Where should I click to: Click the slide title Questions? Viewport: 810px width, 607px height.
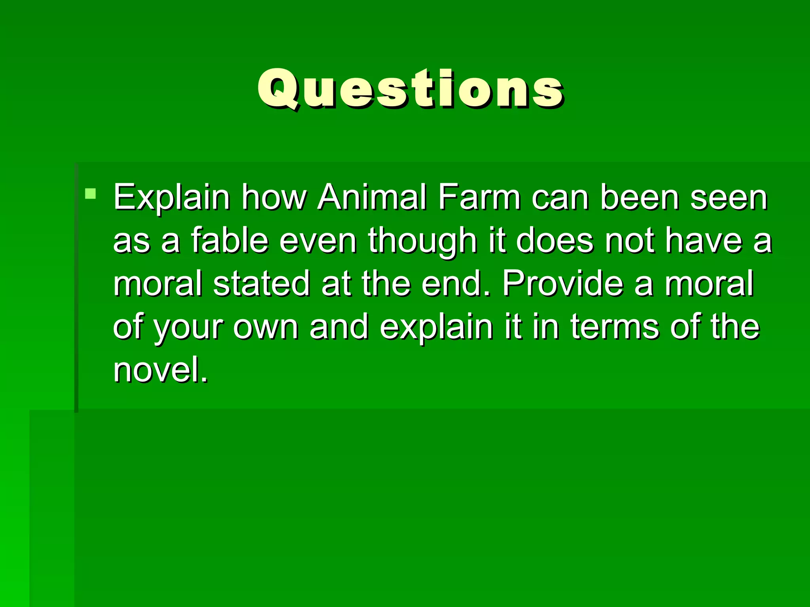pos(410,89)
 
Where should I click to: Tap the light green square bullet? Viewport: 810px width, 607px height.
pos(91,194)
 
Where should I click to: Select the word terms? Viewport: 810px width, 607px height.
pos(615,327)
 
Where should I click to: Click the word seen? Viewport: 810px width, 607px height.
pos(729,198)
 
